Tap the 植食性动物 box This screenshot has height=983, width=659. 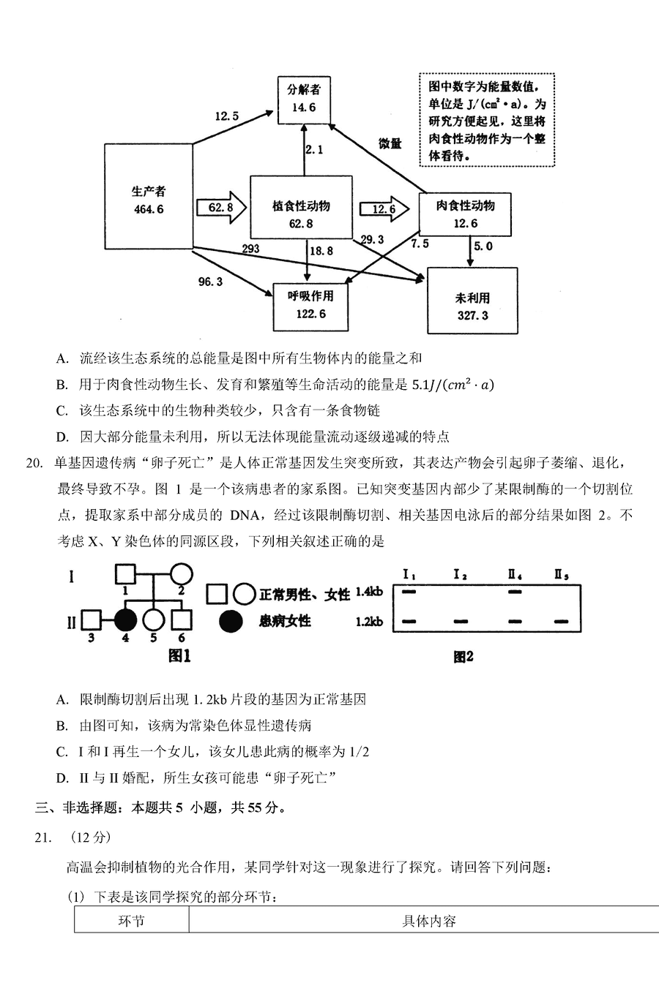pos(301,214)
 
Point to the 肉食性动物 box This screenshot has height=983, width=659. pos(465,214)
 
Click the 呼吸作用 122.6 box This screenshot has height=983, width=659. pos(310,305)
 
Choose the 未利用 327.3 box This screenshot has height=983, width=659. pos(472,306)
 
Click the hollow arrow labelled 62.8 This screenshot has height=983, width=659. pos(222,208)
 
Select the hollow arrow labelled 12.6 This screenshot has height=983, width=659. pos(384,209)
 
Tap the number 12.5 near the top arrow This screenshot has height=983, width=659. pos(226,116)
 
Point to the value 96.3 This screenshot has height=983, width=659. pos(210,282)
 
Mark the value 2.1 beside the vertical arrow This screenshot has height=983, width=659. pos(314,150)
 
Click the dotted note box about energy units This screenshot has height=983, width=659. pos(486,120)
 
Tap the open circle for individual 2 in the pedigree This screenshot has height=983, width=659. pos(181,573)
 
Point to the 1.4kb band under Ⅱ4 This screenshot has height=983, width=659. pos(515,592)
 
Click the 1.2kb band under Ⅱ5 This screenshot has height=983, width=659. pos(562,622)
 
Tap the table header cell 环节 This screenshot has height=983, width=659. pos(131,920)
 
